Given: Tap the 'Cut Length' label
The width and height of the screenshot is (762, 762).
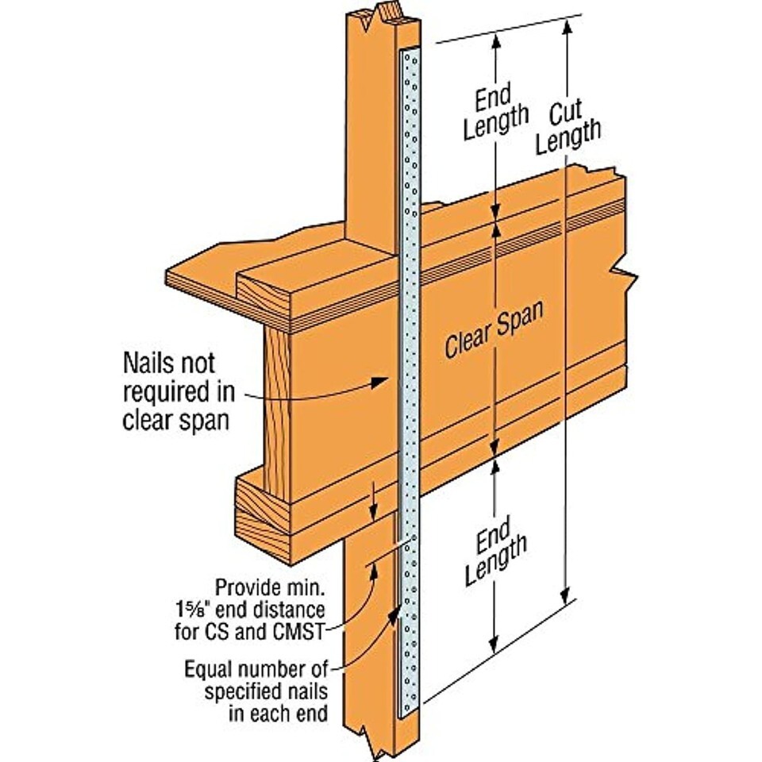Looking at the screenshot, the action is point(568,127).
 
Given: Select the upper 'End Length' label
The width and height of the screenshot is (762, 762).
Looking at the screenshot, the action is point(495,113).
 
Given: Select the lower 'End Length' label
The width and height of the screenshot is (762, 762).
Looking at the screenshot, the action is point(495,551).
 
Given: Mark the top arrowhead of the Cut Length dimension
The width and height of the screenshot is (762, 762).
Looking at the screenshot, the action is point(567,29).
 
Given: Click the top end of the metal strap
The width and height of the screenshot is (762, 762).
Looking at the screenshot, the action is point(410,49).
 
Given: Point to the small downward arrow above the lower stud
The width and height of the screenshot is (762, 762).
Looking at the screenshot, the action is point(373,502).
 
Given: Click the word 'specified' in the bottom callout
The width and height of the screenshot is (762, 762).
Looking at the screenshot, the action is point(240,691).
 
